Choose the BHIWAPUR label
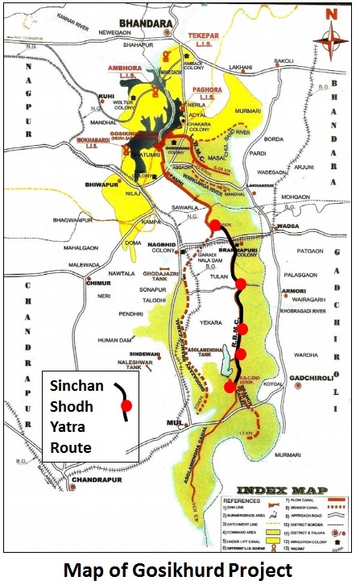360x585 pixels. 99,185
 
